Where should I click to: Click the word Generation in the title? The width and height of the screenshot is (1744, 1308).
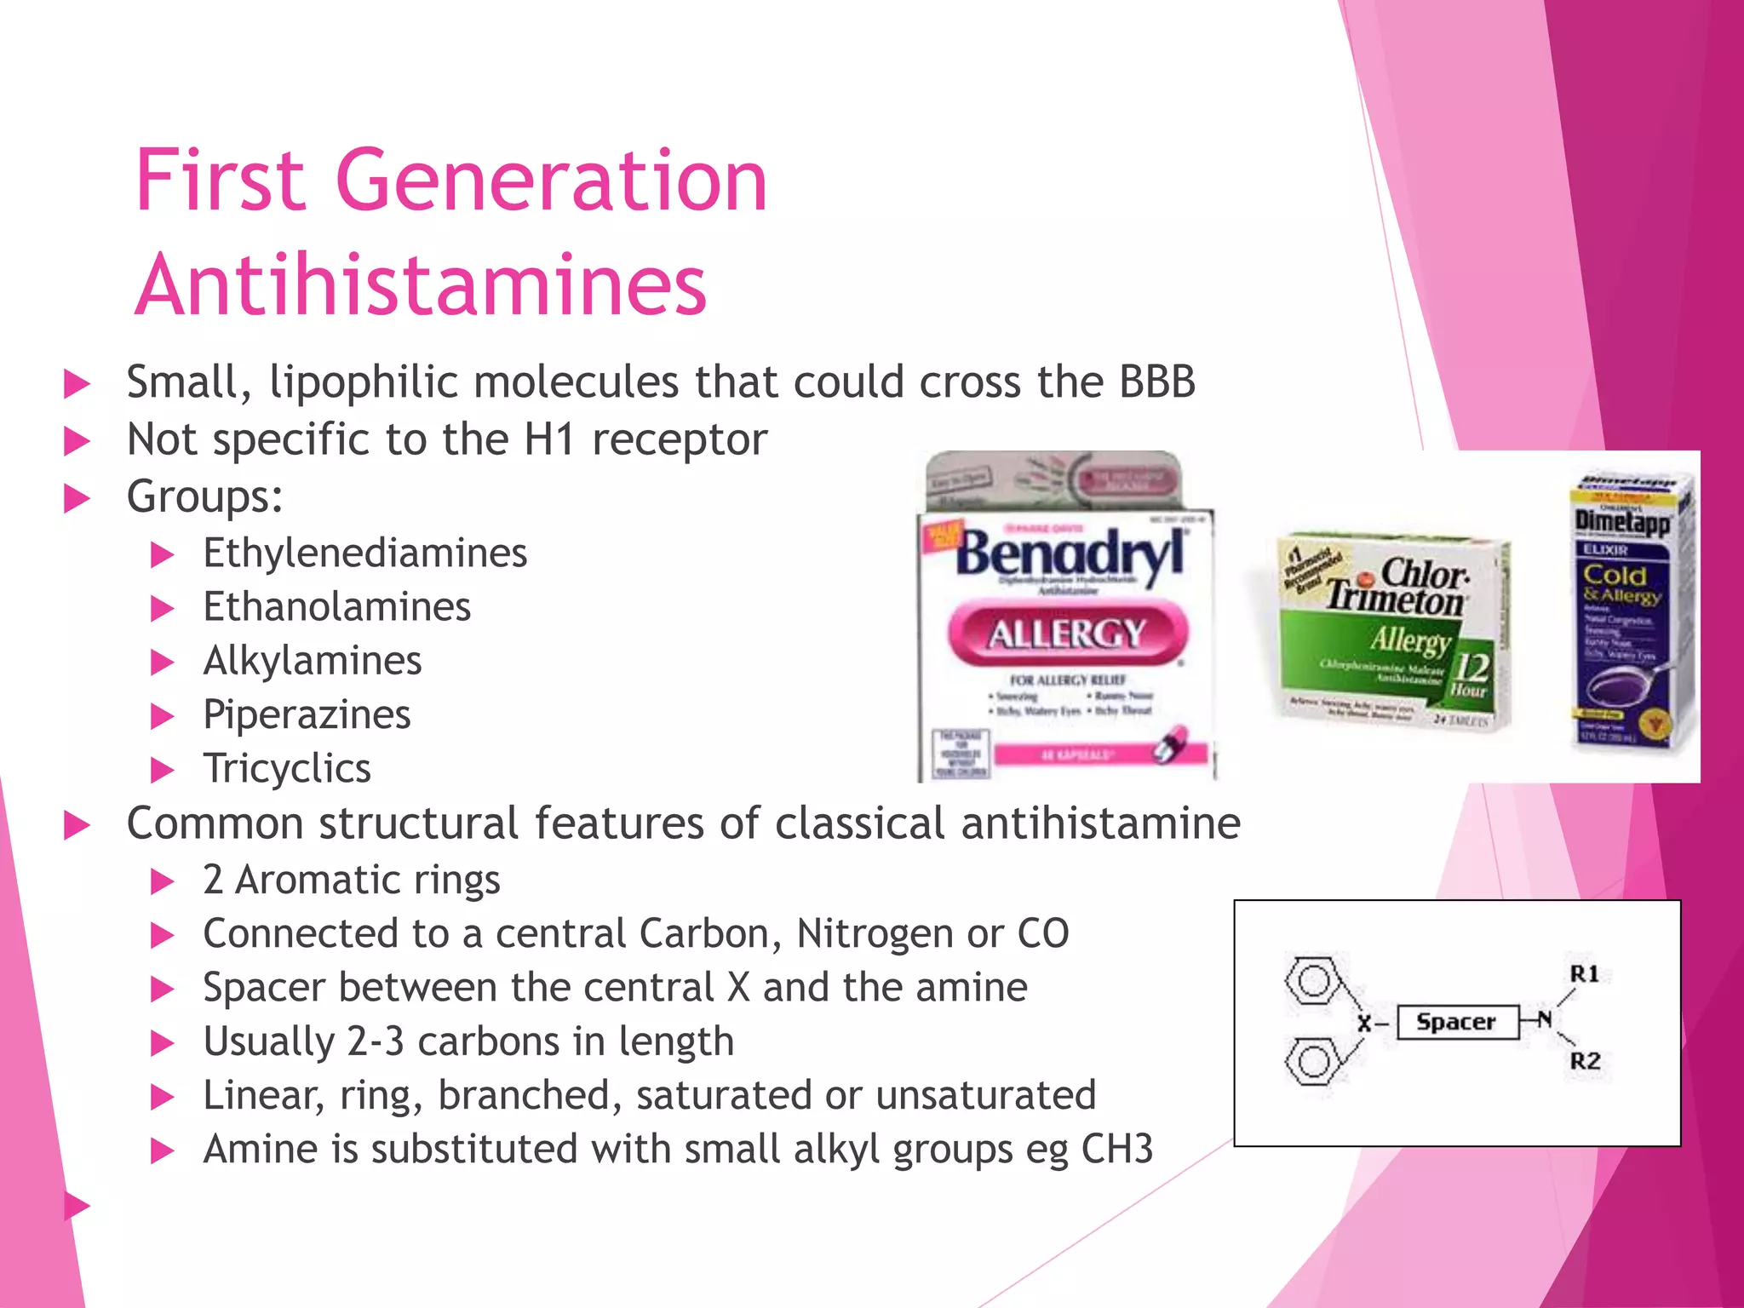tap(552, 181)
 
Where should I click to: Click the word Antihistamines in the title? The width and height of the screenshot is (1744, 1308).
tap(421, 285)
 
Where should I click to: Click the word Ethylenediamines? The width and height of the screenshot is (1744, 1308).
tap(364, 554)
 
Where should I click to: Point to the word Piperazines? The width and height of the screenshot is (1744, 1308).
tap(307, 714)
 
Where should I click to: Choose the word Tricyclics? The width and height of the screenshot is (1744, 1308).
tap(287, 768)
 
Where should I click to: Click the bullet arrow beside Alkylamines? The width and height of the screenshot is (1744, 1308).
tap(162, 662)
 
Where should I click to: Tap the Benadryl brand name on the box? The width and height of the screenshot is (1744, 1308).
tap(1070, 554)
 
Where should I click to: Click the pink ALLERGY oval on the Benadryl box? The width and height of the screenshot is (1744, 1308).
tap(1067, 633)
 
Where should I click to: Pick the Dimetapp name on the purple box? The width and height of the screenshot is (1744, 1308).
tap(1621, 520)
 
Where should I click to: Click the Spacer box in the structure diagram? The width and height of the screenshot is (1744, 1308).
tap(1457, 1022)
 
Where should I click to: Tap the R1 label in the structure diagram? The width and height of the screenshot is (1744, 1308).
tap(1584, 973)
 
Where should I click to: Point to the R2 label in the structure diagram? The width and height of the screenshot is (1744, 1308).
tap(1585, 1061)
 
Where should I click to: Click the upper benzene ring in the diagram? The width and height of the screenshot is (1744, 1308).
tap(1312, 981)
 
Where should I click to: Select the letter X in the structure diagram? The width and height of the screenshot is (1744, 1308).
tap(1364, 1024)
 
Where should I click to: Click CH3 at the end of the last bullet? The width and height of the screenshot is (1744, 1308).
tap(1116, 1150)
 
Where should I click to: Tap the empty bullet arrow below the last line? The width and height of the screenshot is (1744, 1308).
tap(77, 1205)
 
